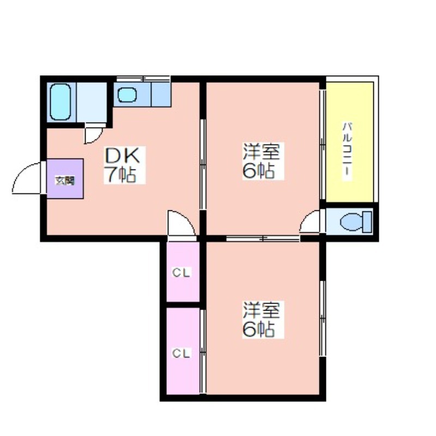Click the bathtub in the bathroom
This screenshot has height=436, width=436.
point(60,102)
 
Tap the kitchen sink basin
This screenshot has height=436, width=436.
point(127,95)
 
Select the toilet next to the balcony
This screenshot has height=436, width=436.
point(356,222)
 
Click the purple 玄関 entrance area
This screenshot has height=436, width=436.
point(65,179)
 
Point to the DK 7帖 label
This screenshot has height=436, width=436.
point(124,165)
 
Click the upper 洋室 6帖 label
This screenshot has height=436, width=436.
point(263,161)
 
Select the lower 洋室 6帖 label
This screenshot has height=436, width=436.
point(263,319)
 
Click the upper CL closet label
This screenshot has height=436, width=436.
point(181,273)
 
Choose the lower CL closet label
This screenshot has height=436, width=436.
point(181,353)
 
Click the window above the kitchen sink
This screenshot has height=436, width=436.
point(143,78)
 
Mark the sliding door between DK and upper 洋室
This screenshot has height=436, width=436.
point(203,164)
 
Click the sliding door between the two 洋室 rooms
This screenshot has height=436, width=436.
point(263,238)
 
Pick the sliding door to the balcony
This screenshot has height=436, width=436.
point(323,144)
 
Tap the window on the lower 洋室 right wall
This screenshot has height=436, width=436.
point(323,318)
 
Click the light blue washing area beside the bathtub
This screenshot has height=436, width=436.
point(92,102)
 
